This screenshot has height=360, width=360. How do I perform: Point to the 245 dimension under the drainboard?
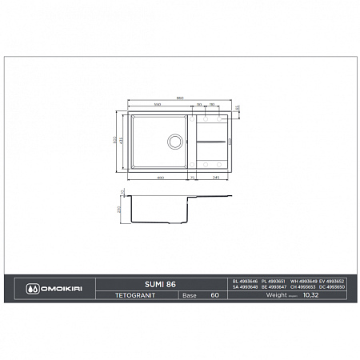tap(216, 177)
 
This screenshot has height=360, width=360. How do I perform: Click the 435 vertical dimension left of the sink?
tap(122, 141)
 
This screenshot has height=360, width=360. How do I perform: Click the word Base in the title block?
tap(190, 295)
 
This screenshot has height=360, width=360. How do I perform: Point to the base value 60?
tap(214, 295)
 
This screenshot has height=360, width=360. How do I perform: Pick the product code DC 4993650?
tap(331, 286)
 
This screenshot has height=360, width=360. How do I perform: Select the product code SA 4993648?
tap(245, 286)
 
